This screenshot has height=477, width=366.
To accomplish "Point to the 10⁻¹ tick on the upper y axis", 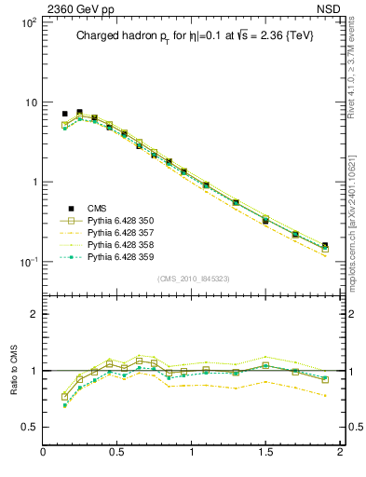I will [27, 262].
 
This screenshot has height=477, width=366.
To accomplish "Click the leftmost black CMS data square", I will [64, 114].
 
